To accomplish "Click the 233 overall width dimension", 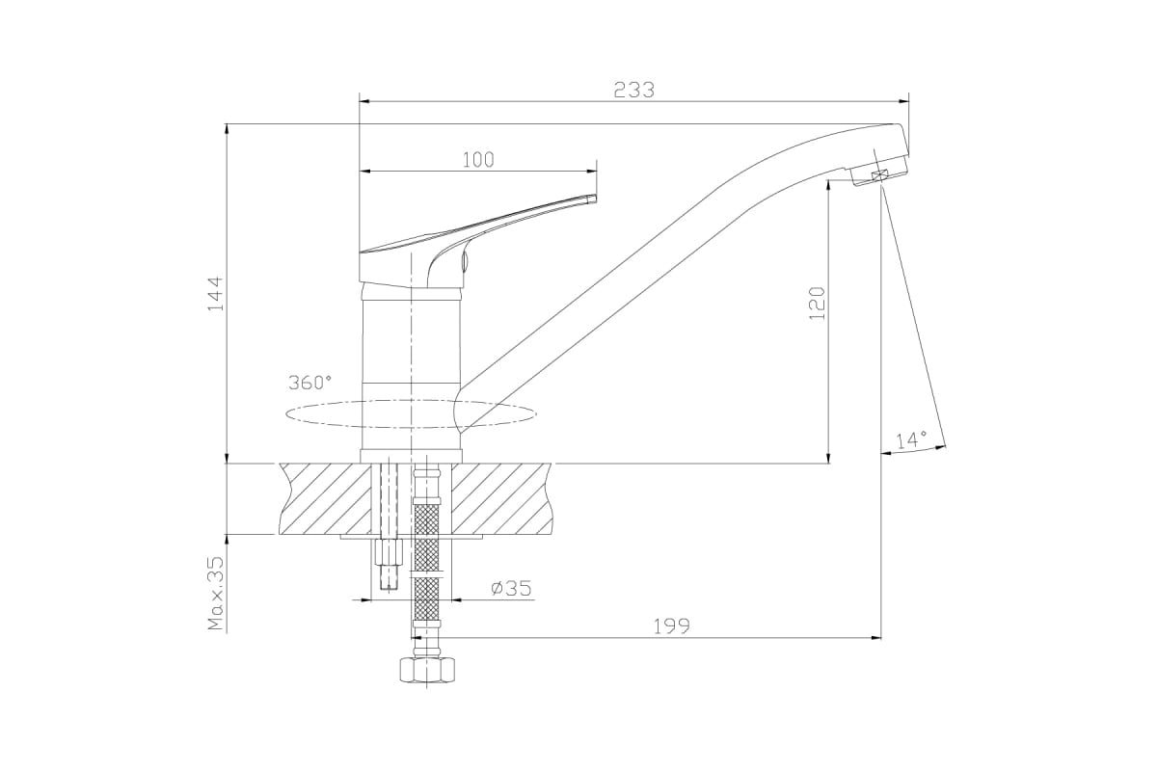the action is [633, 90].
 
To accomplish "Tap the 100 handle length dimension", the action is [478, 160].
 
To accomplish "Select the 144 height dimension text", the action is [215, 293].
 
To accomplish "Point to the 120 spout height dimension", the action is [817, 304].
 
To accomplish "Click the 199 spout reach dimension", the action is [671, 625].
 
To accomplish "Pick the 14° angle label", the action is [911, 439].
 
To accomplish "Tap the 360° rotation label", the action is [309, 383].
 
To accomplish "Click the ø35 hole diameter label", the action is [511, 588].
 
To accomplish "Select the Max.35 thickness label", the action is [216, 594].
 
